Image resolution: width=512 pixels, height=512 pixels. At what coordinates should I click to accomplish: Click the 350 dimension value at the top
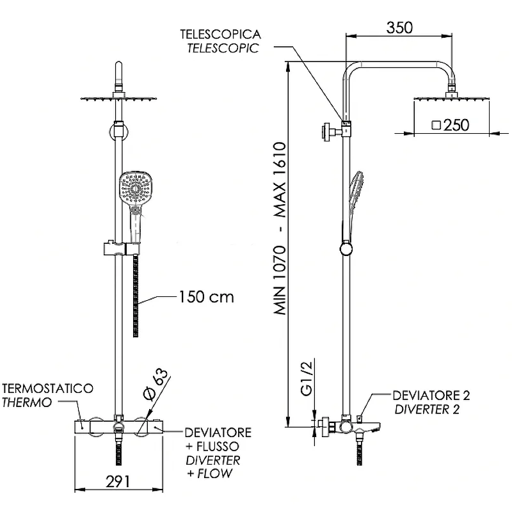(x=400, y=28)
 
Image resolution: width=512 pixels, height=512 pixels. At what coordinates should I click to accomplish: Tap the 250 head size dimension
(x=456, y=125)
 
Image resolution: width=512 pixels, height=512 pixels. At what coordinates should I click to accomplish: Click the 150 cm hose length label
(x=206, y=297)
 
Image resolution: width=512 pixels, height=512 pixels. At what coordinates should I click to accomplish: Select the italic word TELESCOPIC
(x=223, y=48)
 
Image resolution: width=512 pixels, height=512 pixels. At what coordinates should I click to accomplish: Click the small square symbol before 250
(x=436, y=125)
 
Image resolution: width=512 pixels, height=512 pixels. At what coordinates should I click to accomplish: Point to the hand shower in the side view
(x=355, y=192)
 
